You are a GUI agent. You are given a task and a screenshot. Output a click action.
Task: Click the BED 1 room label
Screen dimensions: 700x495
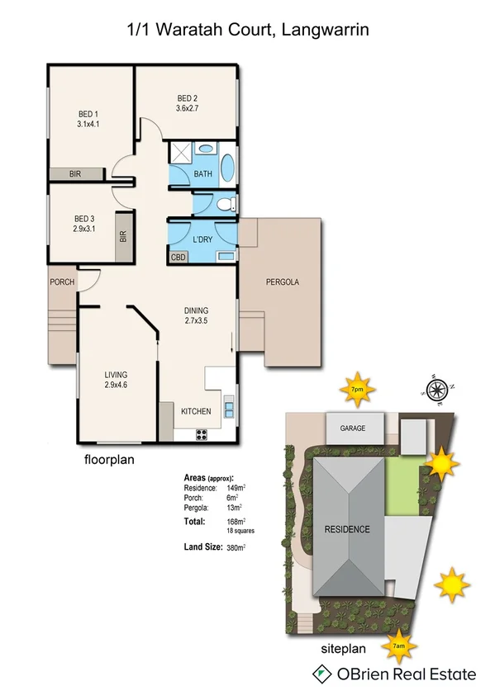[88, 114]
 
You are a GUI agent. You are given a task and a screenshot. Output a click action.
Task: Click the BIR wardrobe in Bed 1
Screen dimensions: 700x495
[75, 174]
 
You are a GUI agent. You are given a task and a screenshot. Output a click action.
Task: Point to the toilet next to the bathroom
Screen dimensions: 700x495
[226, 204]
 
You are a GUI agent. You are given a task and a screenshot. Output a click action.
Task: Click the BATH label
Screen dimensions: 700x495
[203, 175]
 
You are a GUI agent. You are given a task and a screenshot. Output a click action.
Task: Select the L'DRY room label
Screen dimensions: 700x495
[202, 239]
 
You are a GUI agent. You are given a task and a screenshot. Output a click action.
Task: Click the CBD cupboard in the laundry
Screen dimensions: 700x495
[178, 258]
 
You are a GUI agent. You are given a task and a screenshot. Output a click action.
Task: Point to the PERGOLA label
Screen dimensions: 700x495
[282, 282]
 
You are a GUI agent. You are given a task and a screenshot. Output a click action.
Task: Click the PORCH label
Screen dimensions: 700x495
[62, 282]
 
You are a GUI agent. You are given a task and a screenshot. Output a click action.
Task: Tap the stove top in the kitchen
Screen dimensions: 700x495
[201, 434]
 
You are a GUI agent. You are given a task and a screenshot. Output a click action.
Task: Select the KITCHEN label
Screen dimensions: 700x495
[197, 411]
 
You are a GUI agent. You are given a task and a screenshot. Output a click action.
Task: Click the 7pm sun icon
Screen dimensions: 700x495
[358, 390]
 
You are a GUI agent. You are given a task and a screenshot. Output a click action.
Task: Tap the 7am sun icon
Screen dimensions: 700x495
[398, 646]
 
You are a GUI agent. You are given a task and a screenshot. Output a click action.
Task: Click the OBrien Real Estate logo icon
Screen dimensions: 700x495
[319, 674]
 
